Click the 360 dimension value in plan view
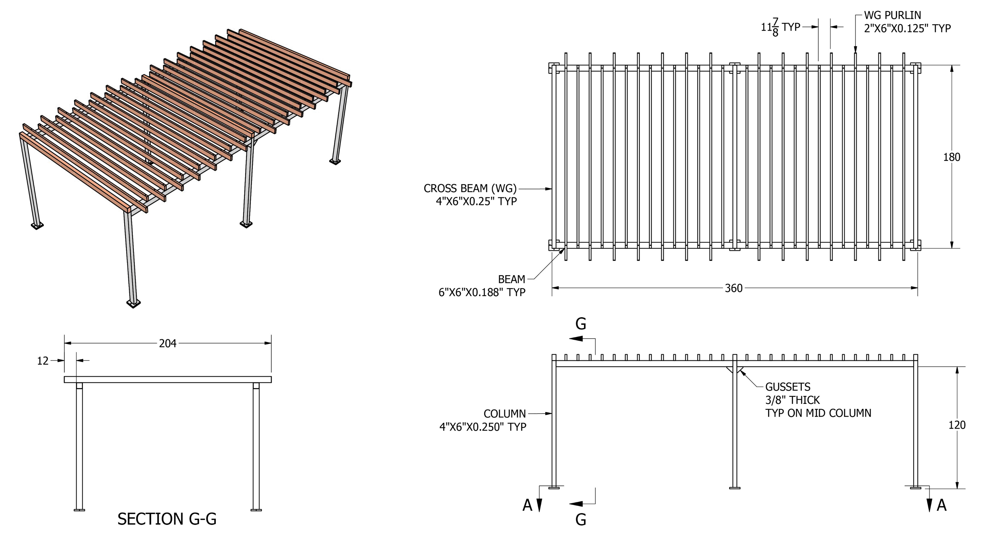(x=733, y=288)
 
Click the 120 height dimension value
(x=957, y=425)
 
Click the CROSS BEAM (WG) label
(x=470, y=189)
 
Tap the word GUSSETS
(x=787, y=387)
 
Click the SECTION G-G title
(x=167, y=519)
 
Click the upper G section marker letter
(x=581, y=324)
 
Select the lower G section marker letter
(x=581, y=520)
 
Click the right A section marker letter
(x=941, y=505)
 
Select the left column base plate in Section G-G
(x=79, y=510)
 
